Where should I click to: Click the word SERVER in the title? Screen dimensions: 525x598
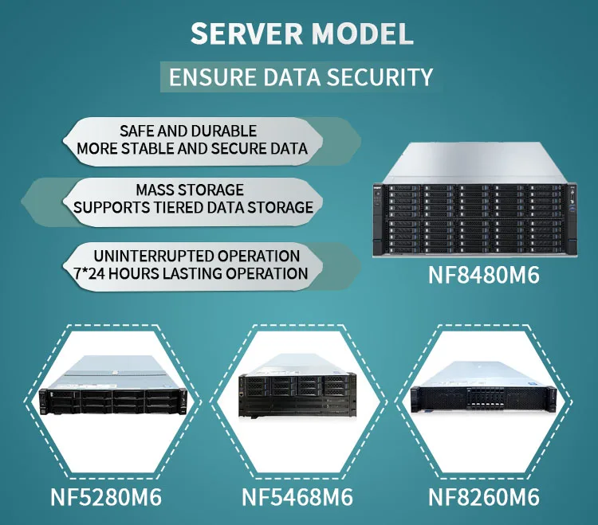pos(246,33)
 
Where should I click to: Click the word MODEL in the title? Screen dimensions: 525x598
pos(362,33)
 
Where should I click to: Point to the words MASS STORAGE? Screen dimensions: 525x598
pos(189,190)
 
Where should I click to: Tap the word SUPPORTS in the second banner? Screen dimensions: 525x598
pos(108,207)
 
